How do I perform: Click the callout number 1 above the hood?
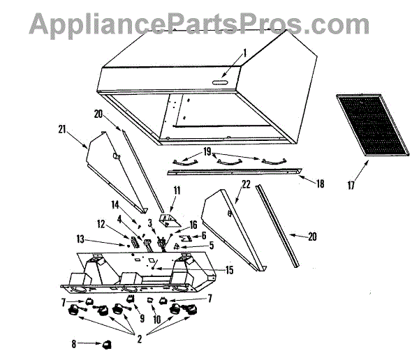coord(245,53)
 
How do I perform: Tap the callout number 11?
coord(177,190)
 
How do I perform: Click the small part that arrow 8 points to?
coord(107,343)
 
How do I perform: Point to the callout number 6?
coord(204,235)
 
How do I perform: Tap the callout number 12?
coord(101,224)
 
